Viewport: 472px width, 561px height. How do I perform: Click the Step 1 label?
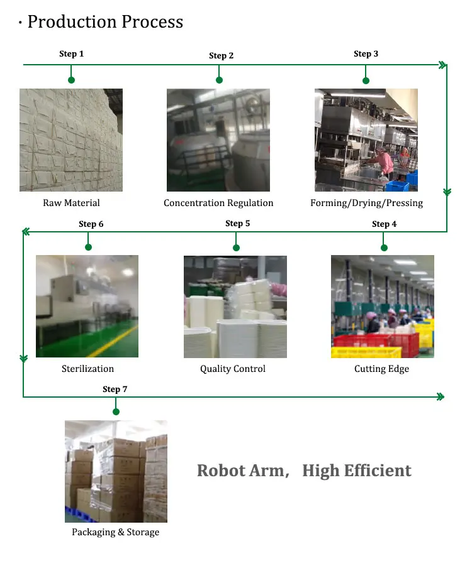[71, 54]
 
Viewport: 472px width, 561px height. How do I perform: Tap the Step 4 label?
[384, 224]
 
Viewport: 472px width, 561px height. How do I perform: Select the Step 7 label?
[115, 389]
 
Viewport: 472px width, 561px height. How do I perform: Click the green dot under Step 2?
[219, 80]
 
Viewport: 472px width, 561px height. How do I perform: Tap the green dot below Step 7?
[116, 412]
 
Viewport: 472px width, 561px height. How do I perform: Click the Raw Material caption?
[71, 203]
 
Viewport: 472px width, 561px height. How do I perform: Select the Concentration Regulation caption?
[218, 203]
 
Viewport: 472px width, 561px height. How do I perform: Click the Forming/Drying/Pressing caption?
[366, 203]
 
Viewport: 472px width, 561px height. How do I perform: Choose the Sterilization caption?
[87, 369]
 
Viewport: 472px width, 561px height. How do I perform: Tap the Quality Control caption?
[233, 369]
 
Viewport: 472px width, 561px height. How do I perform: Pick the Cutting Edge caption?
[381, 369]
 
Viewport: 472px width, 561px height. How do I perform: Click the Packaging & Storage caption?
[115, 533]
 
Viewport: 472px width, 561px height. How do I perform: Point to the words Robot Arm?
[240, 471]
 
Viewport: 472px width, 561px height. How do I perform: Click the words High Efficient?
[357, 471]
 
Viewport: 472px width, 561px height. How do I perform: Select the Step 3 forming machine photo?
[366, 139]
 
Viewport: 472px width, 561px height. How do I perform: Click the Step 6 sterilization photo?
[87, 306]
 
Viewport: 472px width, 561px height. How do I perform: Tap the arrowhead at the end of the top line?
[442, 65]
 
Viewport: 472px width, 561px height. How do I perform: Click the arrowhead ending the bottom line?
[440, 397]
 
